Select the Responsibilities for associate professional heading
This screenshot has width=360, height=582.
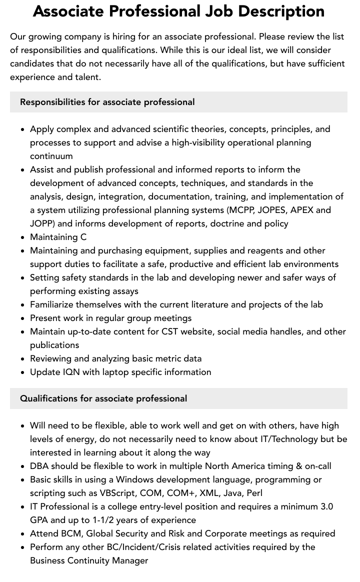(107, 102)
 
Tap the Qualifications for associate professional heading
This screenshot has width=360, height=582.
(103, 398)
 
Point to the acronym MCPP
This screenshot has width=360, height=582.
(241, 210)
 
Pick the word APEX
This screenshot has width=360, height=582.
(305, 210)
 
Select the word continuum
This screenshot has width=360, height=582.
(51, 156)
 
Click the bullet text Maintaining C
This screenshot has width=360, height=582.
(58, 237)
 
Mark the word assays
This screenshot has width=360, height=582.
(124, 291)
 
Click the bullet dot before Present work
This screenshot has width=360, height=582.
(22, 318)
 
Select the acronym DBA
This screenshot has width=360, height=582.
(40, 466)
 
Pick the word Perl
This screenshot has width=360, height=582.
(254, 493)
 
